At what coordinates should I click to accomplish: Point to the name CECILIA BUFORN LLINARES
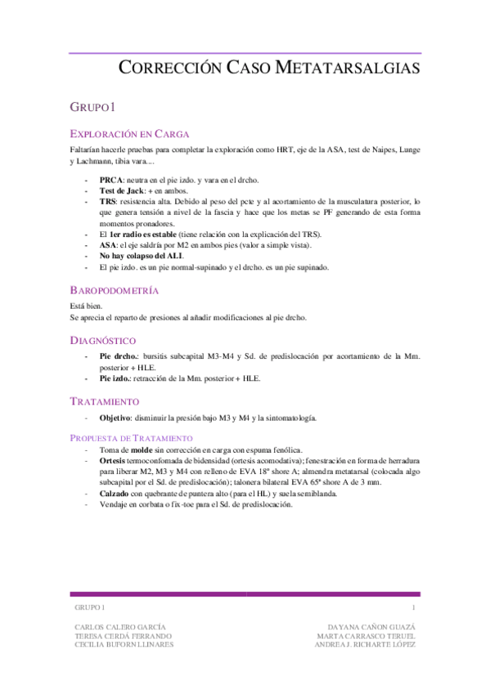pyautogui.click(x=124, y=644)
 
